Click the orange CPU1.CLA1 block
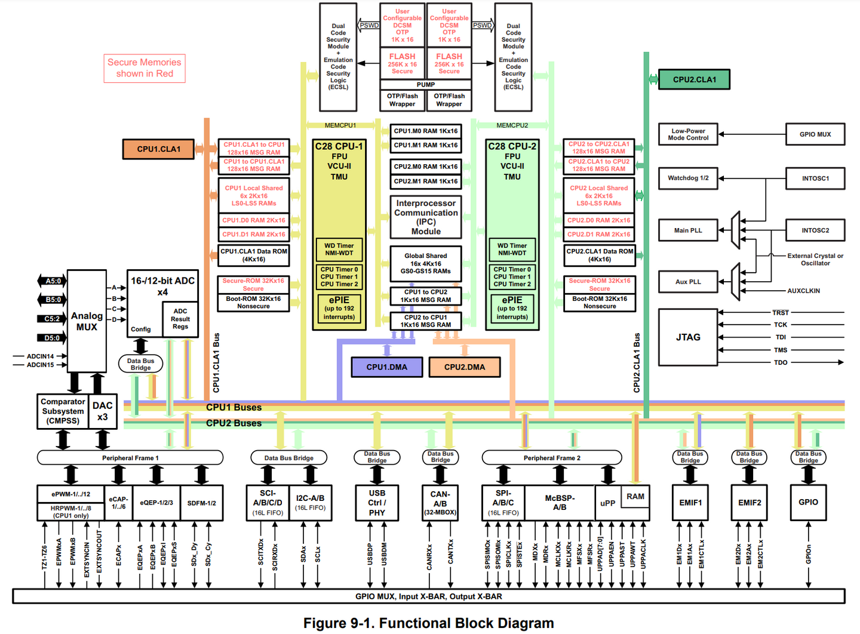pos(158,149)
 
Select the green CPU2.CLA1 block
pos(694,79)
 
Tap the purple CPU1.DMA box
pos(386,367)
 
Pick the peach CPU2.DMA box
pos(464,367)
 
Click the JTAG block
pos(688,337)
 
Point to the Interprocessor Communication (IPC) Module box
pos(426,217)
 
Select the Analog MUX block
pos(87,321)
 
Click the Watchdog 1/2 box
pos(688,178)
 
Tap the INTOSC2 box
pos(815,230)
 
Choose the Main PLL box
pos(688,230)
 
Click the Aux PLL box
pos(688,282)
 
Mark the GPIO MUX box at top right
pos(815,134)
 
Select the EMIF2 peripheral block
pos(750,503)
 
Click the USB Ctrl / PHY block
pos(377,503)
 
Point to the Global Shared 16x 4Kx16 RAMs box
pos(426,263)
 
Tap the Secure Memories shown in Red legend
pos(145,68)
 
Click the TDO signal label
pos(781,362)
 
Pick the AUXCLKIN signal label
pos(803,291)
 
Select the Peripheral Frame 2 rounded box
pos(552,458)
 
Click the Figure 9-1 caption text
pos(428,623)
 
